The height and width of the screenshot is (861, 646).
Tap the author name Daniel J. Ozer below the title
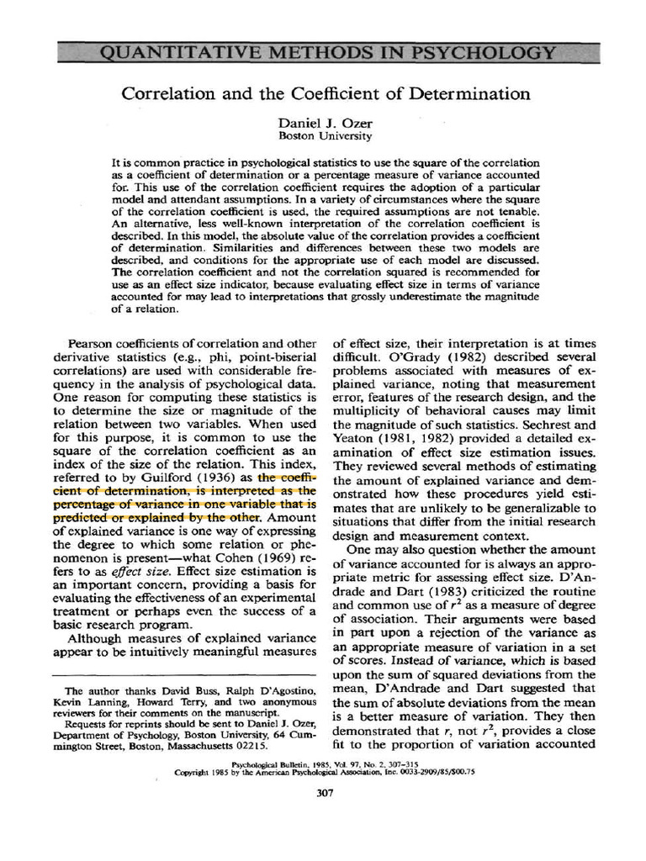click(x=324, y=123)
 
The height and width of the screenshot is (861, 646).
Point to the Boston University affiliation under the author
click(x=324, y=135)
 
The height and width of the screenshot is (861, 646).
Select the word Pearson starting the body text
click(x=93, y=345)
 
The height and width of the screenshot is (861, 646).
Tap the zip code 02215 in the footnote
click(x=250, y=744)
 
